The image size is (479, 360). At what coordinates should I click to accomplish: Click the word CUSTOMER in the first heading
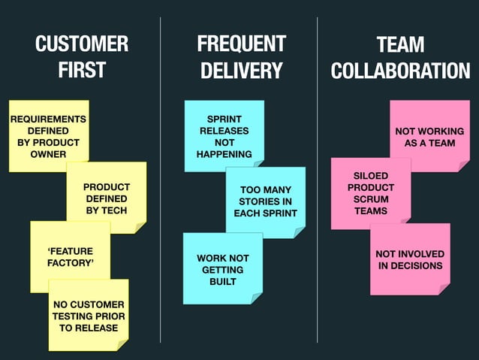pos(82,44)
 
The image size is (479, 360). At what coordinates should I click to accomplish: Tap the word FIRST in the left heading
pos(82,71)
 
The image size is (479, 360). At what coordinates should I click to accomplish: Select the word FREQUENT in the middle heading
pos(241,44)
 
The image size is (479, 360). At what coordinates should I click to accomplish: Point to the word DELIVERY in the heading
pos(241,71)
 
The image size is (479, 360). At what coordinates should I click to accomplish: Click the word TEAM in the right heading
pos(400,44)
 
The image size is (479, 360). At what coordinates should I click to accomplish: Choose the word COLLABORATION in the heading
pos(400,71)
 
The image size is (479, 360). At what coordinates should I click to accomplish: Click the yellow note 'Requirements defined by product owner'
pos(48,136)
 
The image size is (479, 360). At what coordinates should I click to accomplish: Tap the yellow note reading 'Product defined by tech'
pos(107,198)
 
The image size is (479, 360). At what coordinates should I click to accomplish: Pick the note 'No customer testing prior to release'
pos(88,316)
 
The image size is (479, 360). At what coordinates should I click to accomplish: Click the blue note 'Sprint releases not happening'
pos(224,136)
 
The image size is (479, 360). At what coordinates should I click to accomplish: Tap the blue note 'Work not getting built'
pos(222,269)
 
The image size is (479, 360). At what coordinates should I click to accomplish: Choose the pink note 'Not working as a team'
pos(429,136)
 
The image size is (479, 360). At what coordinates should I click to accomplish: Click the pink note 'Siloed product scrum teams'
pos(371,193)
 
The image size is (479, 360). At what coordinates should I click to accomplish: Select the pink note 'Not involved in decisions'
pos(410,259)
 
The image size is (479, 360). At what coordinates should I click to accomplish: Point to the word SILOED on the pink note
pos(371,176)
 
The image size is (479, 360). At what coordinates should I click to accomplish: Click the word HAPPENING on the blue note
pos(224,154)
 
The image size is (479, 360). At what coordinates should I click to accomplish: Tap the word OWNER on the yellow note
pos(48,154)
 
